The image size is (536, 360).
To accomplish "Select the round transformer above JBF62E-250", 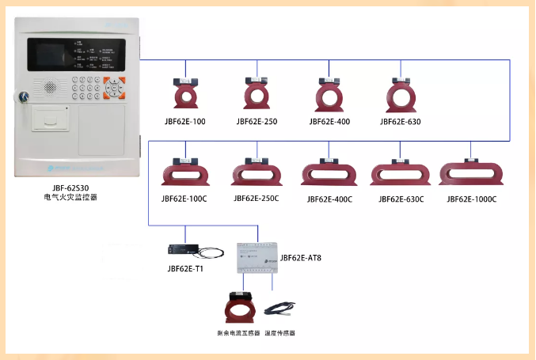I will (x=257, y=94).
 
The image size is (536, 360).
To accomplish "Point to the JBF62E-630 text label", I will (x=401, y=122).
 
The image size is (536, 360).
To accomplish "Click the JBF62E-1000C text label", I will (x=472, y=199).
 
